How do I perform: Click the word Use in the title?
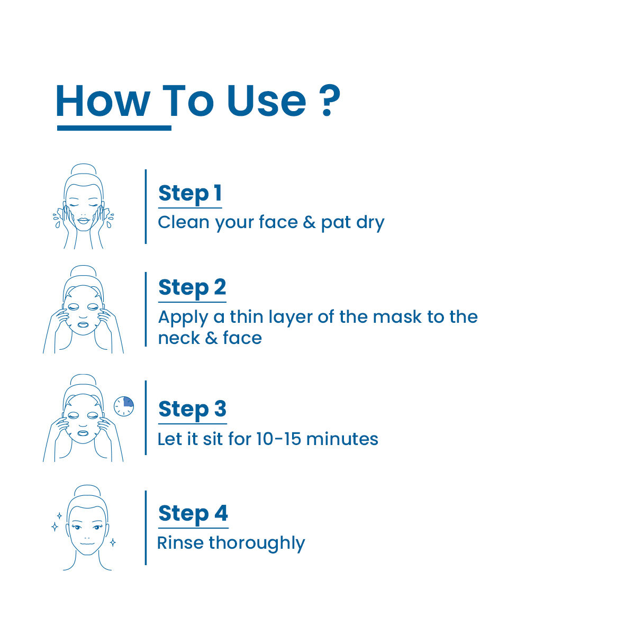tap(267, 101)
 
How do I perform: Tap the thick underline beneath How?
tap(114, 128)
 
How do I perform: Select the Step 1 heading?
tap(190, 194)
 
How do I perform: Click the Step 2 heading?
tap(192, 288)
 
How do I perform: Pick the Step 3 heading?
tap(193, 410)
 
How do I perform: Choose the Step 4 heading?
tap(193, 514)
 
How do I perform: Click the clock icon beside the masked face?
tap(124, 406)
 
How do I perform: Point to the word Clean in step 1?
tap(184, 222)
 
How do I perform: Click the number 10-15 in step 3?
tap(279, 439)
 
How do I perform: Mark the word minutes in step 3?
tap(342, 439)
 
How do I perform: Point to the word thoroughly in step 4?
tap(257, 544)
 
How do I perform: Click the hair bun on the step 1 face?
tap(84, 169)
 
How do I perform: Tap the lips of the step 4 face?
tap(87, 543)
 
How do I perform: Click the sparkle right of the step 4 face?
tap(113, 542)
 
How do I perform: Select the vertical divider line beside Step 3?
tap(146, 418)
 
